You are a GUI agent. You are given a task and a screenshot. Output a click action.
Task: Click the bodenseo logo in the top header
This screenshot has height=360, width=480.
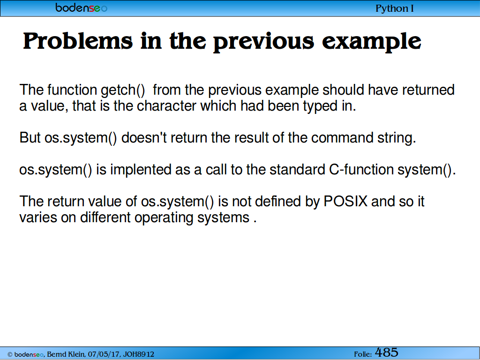coord(82,7)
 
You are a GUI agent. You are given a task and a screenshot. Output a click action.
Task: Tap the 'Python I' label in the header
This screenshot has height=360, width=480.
coord(395,8)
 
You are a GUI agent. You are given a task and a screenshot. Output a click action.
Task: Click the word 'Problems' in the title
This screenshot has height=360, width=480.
coord(78,41)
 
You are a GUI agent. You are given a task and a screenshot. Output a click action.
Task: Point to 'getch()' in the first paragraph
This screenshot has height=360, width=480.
coord(123,90)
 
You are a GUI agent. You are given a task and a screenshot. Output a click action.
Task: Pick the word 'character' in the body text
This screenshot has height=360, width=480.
coord(166,106)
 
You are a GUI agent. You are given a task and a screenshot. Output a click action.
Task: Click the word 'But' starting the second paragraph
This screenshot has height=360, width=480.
coord(30,137)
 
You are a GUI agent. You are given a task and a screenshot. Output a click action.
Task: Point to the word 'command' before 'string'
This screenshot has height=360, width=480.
coord(342,138)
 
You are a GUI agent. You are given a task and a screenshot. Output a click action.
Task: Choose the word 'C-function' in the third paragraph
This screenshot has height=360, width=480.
coord(361,170)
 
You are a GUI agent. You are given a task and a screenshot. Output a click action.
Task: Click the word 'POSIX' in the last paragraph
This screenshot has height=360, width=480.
coord(345,202)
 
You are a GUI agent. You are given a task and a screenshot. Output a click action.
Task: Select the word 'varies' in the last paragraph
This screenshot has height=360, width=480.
coord(38,217)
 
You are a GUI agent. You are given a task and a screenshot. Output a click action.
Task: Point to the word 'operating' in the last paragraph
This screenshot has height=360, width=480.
coord(164,218)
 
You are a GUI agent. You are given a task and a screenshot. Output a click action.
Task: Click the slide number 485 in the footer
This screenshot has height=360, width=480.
coord(387,352)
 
